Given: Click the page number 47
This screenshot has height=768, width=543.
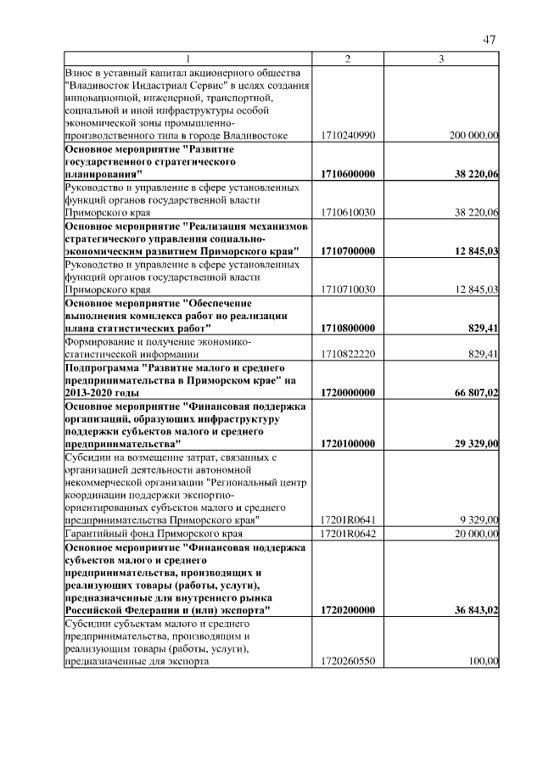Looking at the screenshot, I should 489,39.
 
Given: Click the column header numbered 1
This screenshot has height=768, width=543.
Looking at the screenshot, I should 188,58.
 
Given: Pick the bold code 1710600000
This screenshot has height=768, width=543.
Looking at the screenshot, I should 349,174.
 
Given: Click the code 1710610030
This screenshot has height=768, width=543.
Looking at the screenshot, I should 349,213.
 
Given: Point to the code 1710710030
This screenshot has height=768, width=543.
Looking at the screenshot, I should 349,289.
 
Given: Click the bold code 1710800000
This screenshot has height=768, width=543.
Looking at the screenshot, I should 349,328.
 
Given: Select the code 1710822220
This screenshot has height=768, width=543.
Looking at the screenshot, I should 349,353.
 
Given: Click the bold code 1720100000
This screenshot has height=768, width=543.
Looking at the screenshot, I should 349,443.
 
